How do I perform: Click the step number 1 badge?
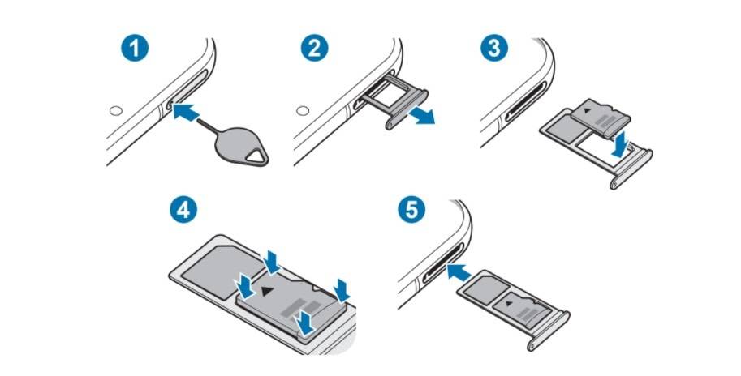pos(135,48)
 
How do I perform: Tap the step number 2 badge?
pos(315,48)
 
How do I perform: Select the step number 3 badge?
pos(494,48)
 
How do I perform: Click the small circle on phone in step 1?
pos(116,111)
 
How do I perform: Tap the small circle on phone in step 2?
pos(303,111)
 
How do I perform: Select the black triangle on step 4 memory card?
pos(267,291)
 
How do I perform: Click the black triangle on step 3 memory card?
pos(587,112)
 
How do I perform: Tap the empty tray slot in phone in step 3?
pos(527,101)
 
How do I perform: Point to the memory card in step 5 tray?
pos(522,308)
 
